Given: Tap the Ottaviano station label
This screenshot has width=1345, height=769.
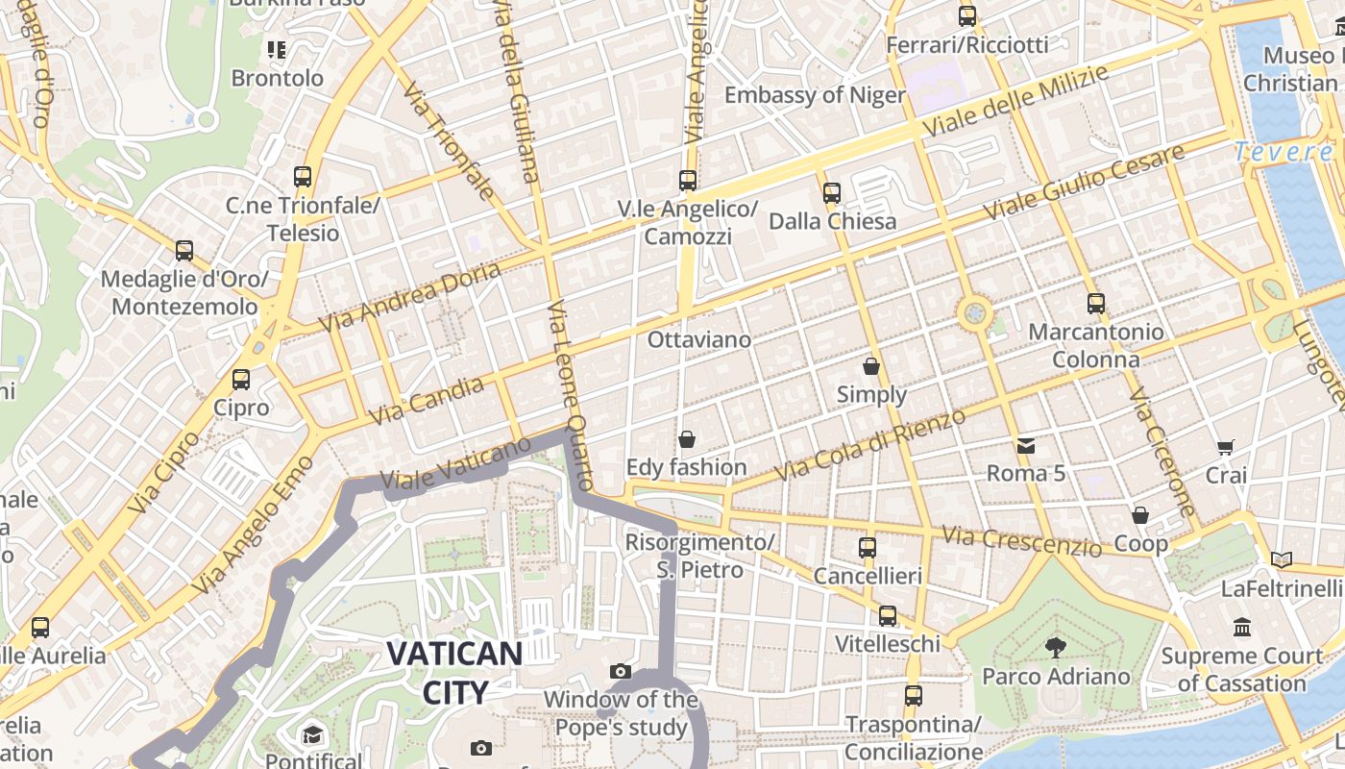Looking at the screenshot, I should pos(698,339).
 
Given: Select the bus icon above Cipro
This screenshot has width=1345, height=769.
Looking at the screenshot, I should pos(241,380).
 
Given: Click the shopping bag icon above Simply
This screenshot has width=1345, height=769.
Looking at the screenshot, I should pos(871,366).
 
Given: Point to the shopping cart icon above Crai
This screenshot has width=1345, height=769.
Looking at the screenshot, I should pos(1225,447).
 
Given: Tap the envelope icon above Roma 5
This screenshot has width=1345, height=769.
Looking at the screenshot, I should pos(1026,445).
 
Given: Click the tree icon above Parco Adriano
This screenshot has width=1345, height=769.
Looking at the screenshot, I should pos(1056,647).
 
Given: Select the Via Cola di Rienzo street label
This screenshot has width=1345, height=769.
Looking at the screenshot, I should pos(869,445).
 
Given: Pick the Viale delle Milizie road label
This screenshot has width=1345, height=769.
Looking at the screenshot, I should pos(1015,100).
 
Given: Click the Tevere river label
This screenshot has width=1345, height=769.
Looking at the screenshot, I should pos(1284,152).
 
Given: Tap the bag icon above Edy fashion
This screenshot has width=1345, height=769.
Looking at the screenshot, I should pos(687,439).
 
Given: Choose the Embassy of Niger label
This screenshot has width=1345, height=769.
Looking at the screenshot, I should pos(815,95).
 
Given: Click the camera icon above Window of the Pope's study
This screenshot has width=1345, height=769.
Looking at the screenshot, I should pos(621,671).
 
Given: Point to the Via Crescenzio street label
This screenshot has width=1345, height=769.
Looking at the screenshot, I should pos(1021,540).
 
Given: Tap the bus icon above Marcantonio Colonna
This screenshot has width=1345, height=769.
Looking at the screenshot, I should pos(1096,304).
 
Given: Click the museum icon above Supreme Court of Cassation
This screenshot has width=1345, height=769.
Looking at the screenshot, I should pos(1242,627).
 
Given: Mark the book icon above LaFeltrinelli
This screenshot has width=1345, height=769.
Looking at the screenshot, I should pos(1281,559).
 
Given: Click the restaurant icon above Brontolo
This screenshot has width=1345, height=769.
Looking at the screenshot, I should pos(277,49).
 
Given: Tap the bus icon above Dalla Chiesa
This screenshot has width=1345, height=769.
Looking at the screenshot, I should pos(832,193).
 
